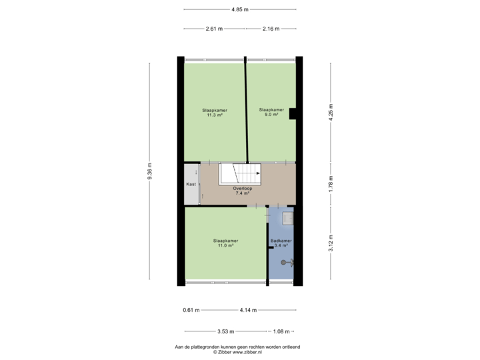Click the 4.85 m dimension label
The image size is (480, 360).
click(x=240, y=9)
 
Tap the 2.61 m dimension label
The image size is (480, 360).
click(x=214, y=29)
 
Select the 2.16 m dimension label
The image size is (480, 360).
click(x=271, y=29)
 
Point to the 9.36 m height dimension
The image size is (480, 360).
click(x=150, y=172)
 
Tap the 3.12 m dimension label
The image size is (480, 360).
click(x=330, y=243)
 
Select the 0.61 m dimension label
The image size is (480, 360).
click(x=191, y=309)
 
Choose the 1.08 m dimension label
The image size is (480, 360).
click(x=281, y=331)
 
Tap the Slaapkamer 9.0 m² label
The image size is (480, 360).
click(x=271, y=112)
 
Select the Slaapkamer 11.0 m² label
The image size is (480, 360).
click(x=225, y=243)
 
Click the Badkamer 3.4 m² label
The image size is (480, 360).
click(x=281, y=243)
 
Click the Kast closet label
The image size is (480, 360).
click(x=190, y=183)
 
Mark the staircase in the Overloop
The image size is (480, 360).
click(x=241, y=174)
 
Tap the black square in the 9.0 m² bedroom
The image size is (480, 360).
click(x=293, y=115)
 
